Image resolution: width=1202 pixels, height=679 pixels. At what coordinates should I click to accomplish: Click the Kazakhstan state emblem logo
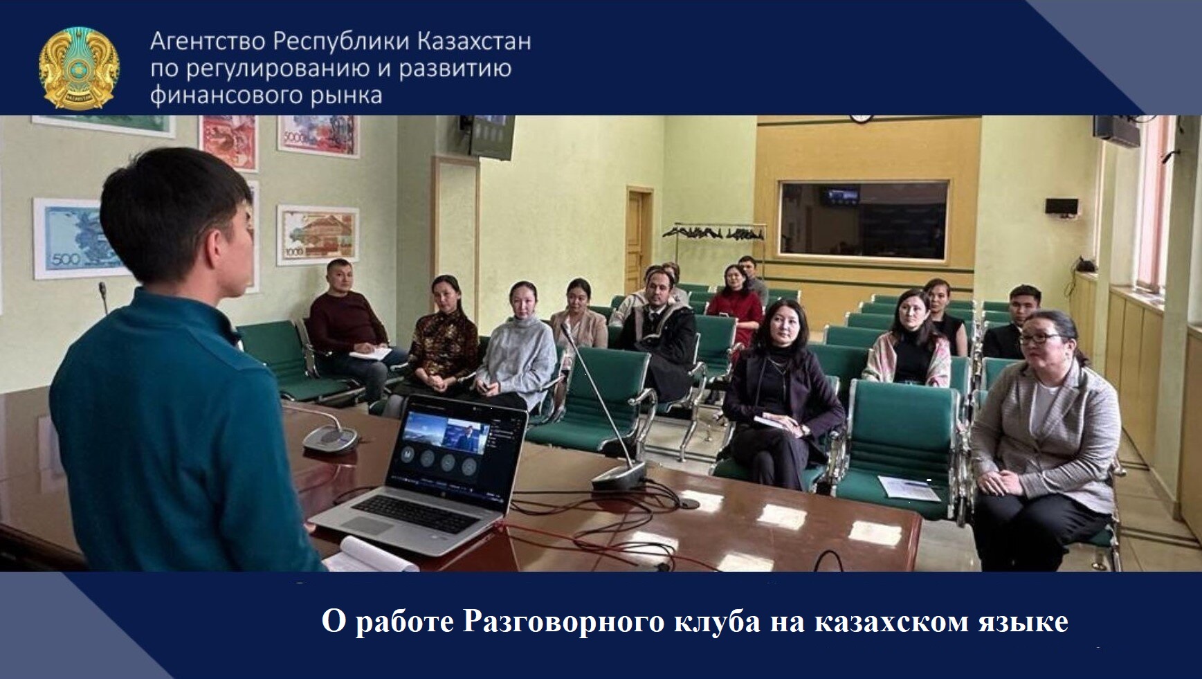pos(79,67)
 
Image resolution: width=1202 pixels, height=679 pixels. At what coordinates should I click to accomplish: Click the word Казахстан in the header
pos(474,42)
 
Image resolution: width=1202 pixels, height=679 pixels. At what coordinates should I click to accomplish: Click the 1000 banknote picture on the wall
pos(318,235)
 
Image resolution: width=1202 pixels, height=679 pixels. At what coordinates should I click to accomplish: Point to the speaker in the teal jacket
pos(173,388)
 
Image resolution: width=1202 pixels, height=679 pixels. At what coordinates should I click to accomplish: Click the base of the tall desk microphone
pos(618,476)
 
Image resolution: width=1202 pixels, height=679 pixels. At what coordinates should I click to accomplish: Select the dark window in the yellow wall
pos(863,220)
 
